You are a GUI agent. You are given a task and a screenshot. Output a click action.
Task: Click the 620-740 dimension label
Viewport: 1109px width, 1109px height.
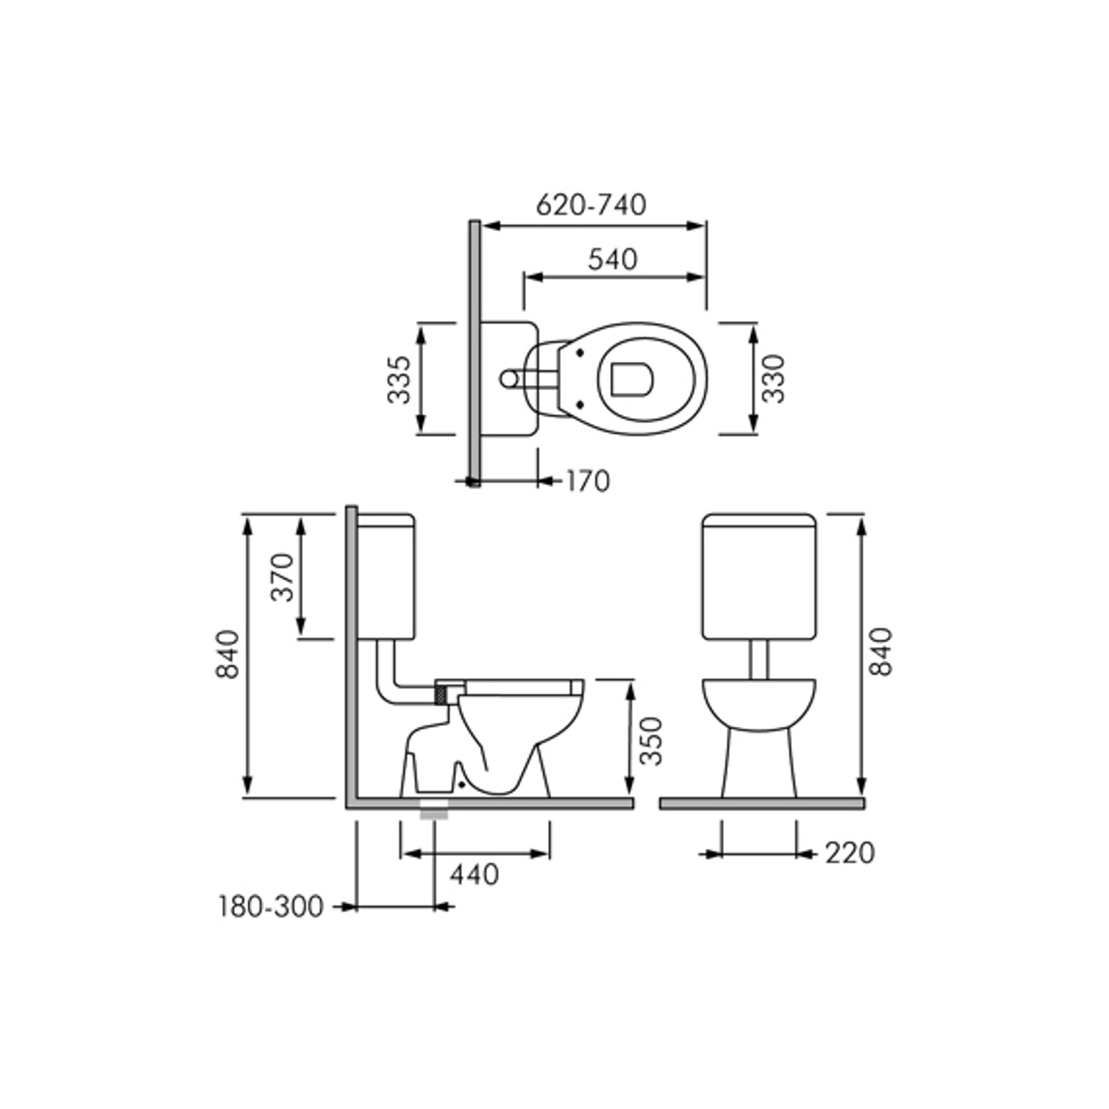click(591, 205)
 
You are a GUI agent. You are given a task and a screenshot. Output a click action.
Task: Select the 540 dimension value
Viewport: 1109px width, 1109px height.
click(613, 259)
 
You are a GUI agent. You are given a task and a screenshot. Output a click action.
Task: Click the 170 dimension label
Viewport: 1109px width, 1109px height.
click(588, 481)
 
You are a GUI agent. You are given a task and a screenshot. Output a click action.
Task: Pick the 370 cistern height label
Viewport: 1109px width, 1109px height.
click(283, 576)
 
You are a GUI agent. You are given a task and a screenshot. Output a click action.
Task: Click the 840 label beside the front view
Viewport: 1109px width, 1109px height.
click(881, 651)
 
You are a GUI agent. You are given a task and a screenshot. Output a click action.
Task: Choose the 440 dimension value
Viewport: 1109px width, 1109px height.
click(474, 875)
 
